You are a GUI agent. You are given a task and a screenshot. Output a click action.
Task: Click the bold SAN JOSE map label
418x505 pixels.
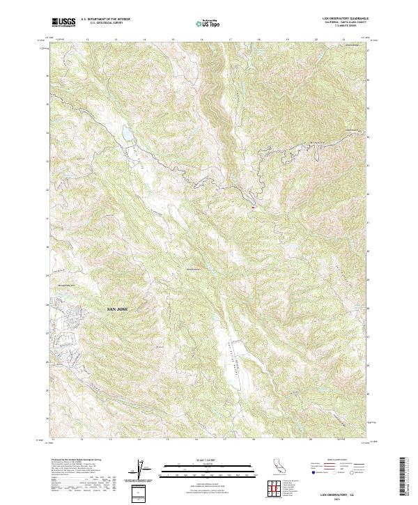[x=117, y=307]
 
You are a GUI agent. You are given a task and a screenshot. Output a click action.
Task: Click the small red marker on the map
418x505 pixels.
[x=253, y=207]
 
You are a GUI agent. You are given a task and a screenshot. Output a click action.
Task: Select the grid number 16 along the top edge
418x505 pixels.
[x=201, y=40]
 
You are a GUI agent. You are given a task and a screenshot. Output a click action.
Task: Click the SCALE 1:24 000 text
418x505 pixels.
[x=208, y=459]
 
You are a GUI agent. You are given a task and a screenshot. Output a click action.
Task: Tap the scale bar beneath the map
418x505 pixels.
[x=208, y=468]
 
